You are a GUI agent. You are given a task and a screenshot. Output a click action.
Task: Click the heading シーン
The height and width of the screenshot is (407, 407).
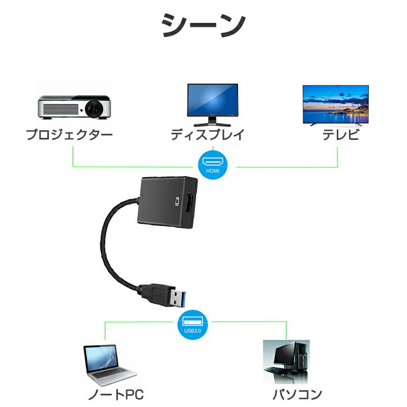click(203, 25)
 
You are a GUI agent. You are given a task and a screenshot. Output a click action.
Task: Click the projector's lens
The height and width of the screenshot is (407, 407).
click(95, 108)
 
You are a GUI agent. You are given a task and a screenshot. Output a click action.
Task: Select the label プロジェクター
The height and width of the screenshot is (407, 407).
click(69, 135)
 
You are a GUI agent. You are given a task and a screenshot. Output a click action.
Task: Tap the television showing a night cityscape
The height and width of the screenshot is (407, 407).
click(335, 105)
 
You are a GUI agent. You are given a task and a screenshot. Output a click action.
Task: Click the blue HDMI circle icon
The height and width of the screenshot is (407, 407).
click(213, 165)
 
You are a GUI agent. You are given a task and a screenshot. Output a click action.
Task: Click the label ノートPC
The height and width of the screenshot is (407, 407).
click(115, 394)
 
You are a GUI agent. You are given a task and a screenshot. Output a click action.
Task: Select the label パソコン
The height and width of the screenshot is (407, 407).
click(298, 394)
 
